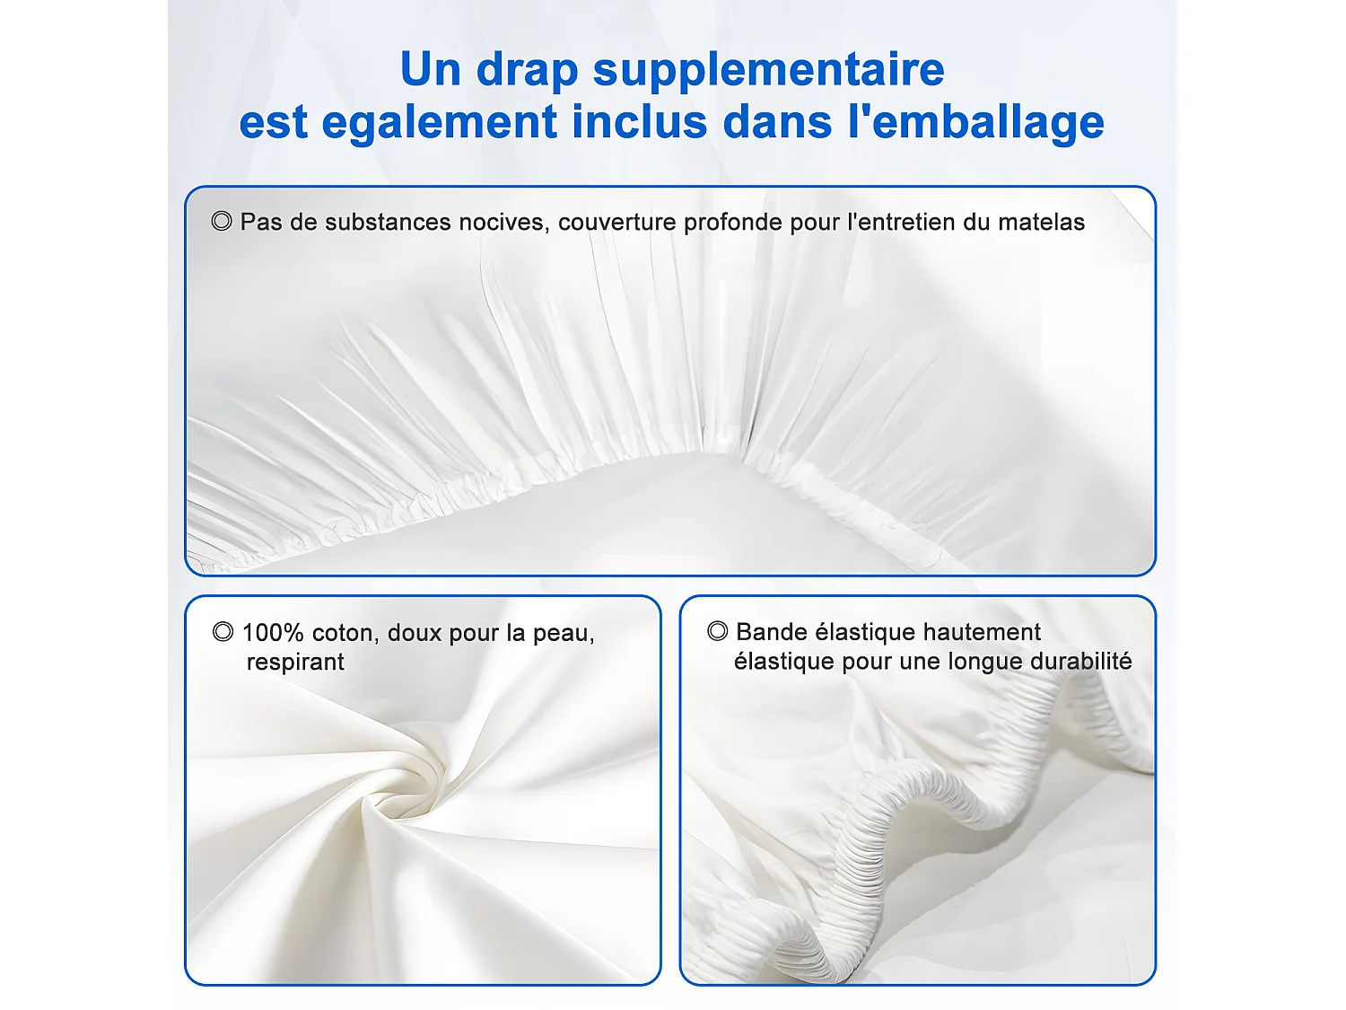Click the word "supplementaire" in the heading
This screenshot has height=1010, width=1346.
point(768,70)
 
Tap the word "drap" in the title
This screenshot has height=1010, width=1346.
point(527,70)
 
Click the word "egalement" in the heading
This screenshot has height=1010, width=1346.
point(440,122)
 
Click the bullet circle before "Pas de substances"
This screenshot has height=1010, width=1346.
point(222,221)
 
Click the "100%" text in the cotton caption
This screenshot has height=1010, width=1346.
point(273,633)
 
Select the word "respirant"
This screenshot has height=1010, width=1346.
point(295,662)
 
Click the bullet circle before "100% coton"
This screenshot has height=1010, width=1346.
point(223,632)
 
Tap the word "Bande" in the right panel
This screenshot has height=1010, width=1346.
point(771,632)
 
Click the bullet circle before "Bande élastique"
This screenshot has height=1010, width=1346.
point(717,631)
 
